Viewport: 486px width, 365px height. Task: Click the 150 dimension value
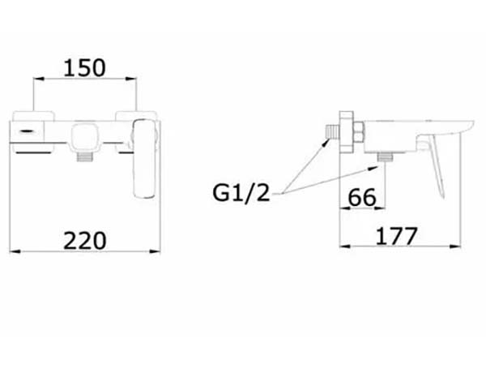pyautogui.click(x=84, y=68)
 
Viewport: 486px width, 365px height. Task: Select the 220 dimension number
pyautogui.click(x=84, y=241)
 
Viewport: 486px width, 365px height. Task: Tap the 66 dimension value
pyautogui.click(x=362, y=197)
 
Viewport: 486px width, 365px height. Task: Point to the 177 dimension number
pyautogui.click(x=397, y=236)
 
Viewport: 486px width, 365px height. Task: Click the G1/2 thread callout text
pyautogui.click(x=241, y=193)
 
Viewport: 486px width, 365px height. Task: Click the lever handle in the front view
pyautogui.click(x=145, y=159)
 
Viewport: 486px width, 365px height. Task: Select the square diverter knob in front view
pyautogui.click(x=83, y=137)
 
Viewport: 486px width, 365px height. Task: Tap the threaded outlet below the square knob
pyautogui.click(x=85, y=157)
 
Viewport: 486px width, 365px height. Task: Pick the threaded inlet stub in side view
pyautogui.click(x=332, y=131)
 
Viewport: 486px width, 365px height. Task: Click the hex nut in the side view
pyautogui.click(x=358, y=132)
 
